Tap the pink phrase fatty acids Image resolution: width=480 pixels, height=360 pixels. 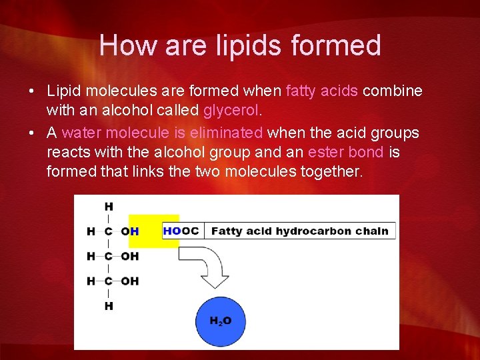coord(322,91)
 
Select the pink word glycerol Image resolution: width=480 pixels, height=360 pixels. coord(229,109)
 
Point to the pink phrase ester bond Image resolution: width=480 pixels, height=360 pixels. coord(345,152)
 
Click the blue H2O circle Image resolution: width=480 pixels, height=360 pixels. coord(221,321)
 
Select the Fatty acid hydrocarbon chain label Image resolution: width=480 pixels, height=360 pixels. coord(299,231)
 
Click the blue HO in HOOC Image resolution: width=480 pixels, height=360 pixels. coord(171,231)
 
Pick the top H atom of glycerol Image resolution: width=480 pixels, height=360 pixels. coord(108,207)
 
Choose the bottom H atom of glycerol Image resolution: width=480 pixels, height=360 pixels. coord(108,306)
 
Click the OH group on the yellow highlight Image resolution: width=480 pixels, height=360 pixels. coord(130,231)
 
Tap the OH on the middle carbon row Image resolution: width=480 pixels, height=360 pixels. coord(130,256)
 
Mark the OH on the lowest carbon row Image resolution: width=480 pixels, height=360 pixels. coord(130,281)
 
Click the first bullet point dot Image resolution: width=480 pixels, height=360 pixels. coord(33,91)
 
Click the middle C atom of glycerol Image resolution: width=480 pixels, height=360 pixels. coord(108,256)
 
